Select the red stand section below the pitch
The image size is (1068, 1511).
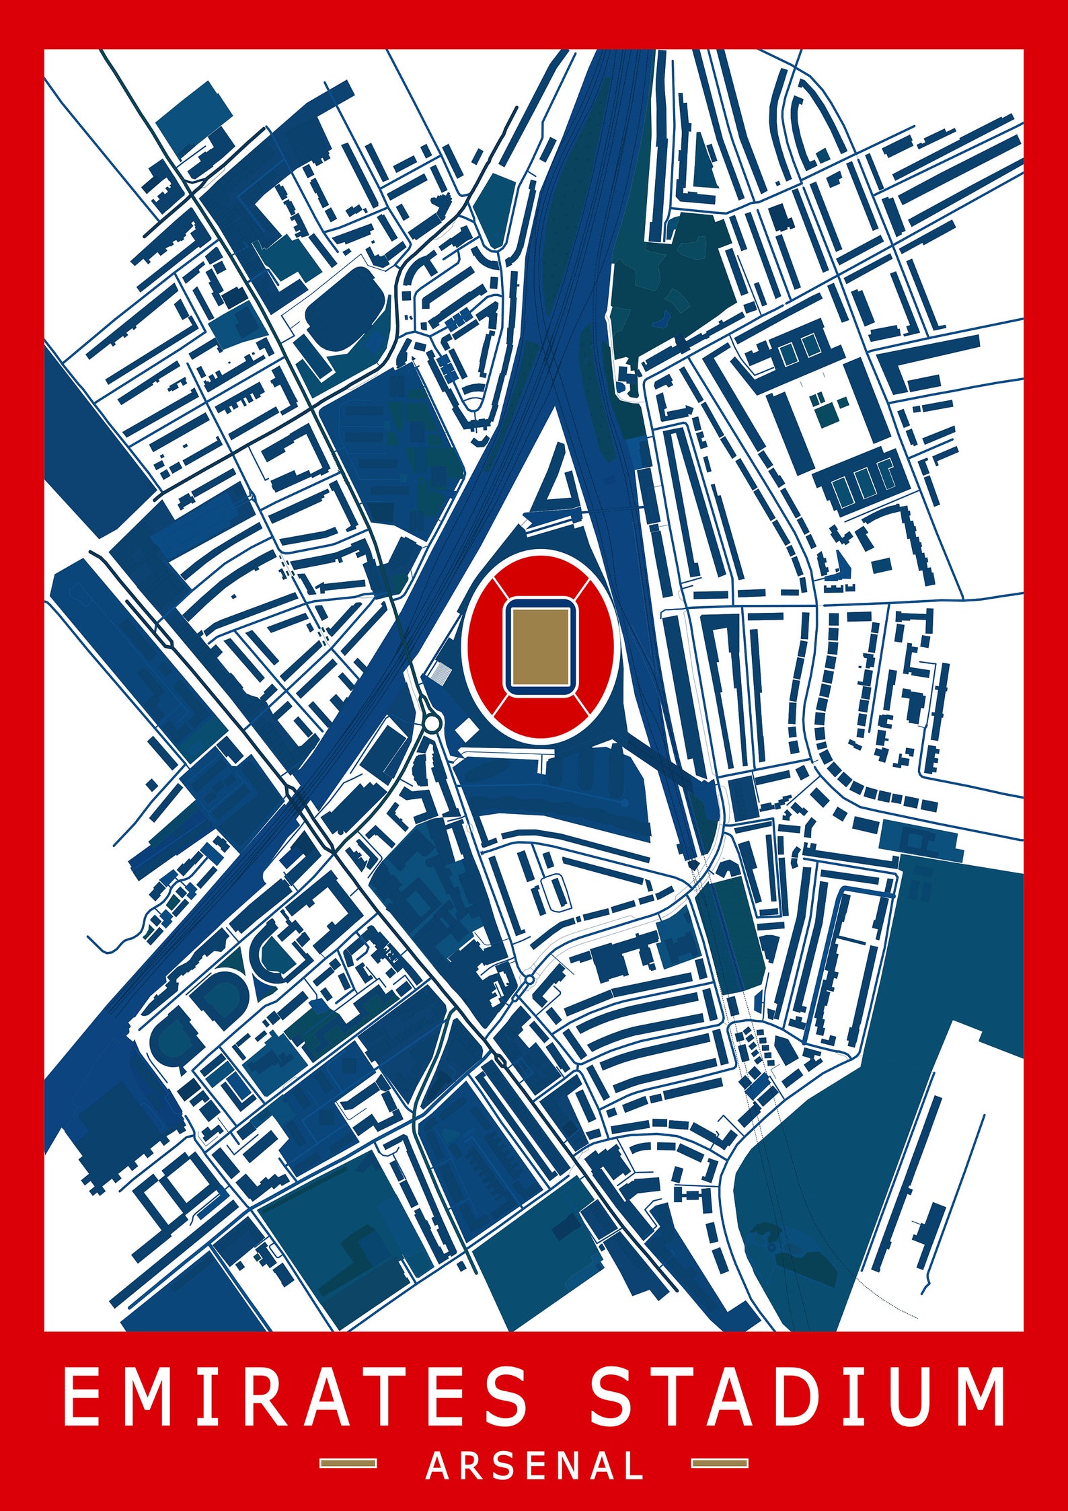[x=541, y=716]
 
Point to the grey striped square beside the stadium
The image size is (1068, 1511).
[x=443, y=671]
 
